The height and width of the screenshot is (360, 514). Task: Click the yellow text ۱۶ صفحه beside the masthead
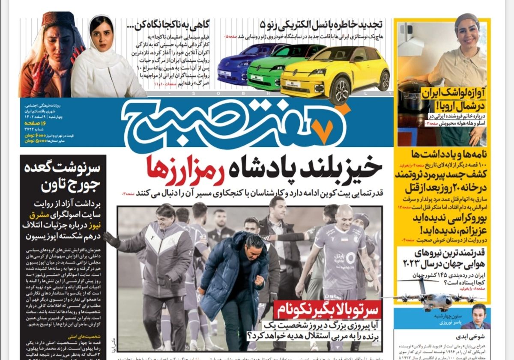36,123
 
